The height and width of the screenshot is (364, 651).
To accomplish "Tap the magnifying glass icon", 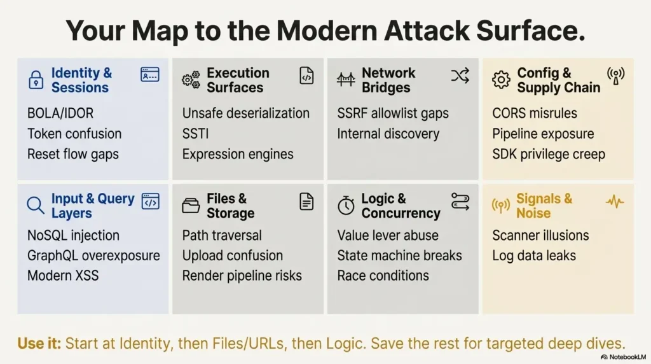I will [x=36, y=206].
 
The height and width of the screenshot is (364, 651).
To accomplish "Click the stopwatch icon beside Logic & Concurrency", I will [x=346, y=206].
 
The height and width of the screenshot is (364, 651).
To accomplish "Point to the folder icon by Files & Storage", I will [x=191, y=206].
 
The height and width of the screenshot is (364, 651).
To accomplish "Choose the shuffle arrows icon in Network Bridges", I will [x=460, y=76].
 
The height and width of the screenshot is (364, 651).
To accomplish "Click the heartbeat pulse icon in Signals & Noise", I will [x=615, y=202].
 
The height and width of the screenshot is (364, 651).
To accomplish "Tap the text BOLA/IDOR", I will [x=60, y=113].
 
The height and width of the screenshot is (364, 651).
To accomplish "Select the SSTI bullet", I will [x=196, y=134].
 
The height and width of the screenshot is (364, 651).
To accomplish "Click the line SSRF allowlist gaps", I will [x=393, y=113].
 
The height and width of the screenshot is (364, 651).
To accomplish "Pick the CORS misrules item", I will [x=535, y=113].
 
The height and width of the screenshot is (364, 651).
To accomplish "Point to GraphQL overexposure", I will [x=93, y=256].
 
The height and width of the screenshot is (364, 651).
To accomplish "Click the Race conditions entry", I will [x=383, y=276].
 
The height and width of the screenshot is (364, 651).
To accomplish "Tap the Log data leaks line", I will [x=534, y=256].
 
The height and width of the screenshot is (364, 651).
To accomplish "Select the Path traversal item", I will [x=222, y=235].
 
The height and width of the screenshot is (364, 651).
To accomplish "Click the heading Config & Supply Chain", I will [x=558, y=80].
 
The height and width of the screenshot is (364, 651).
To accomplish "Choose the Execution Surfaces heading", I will [x=237, y=80].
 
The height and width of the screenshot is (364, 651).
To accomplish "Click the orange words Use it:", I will [x=39, y=344].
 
